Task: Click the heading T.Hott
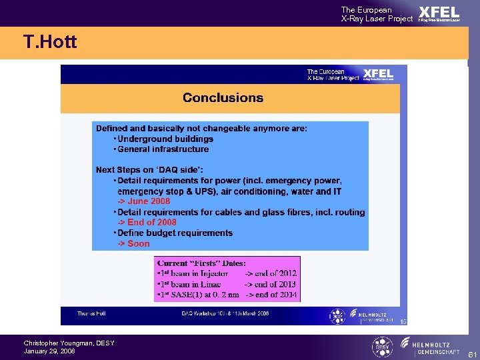[50, 43]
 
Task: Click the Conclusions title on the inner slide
[223, 98]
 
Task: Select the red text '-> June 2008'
[144, 201]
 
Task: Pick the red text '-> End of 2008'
[147, 223]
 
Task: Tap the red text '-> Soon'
[134, 244]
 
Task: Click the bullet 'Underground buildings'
[165, 139]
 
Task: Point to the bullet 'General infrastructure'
[163, 149]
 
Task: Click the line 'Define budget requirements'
[175, 233]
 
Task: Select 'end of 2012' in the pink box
[271, 273]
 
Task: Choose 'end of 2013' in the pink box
[271, 284]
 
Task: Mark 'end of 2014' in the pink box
[271, 295]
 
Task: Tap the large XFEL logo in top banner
[439, 13]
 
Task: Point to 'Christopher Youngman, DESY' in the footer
[69, 343]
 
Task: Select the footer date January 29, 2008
[50, 351]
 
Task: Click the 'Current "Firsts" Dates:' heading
[201, 263]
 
